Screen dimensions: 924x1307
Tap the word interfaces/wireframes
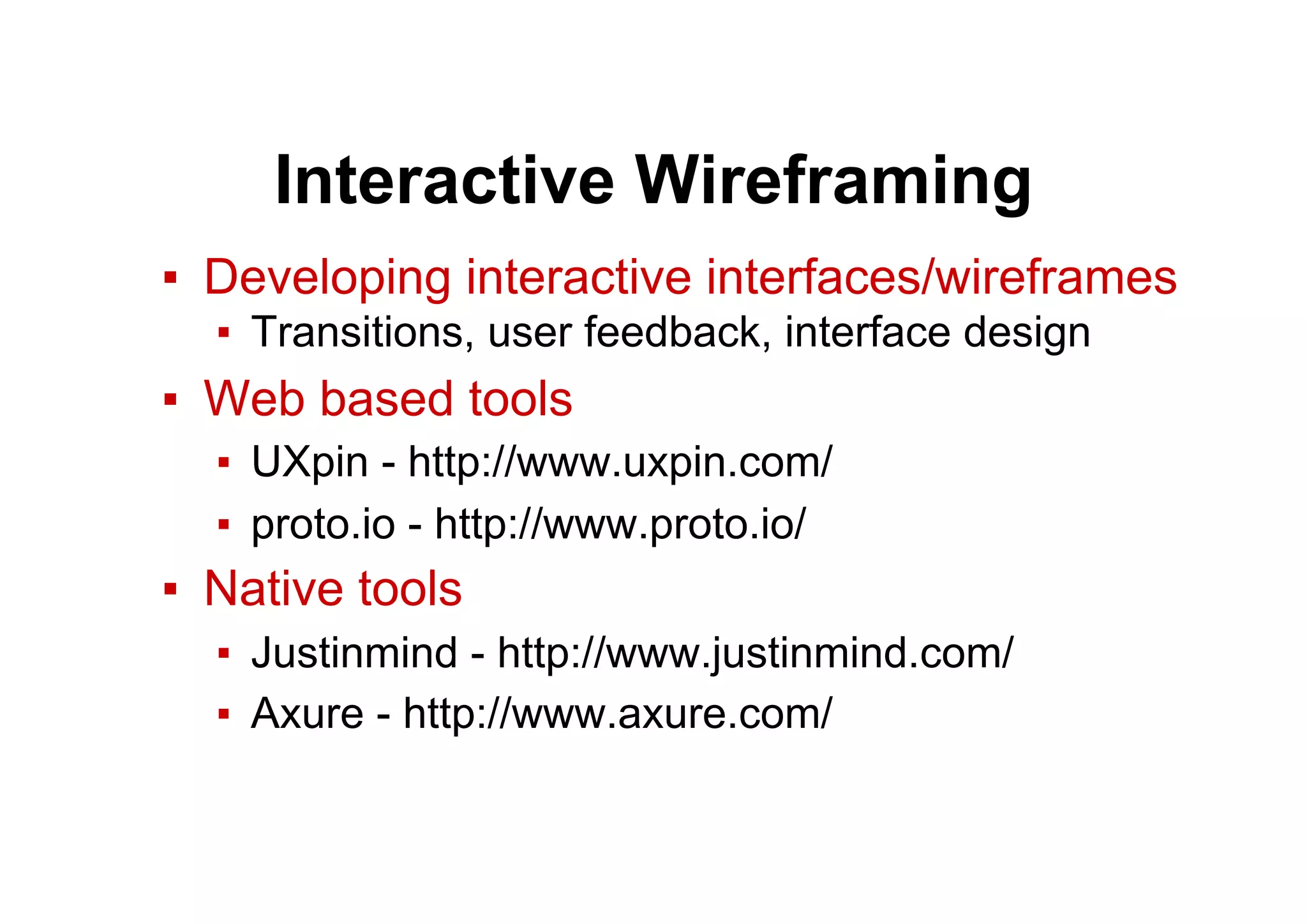pos(941,278)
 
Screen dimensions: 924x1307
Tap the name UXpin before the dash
pos(310,462)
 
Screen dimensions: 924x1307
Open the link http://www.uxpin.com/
pos(620,462)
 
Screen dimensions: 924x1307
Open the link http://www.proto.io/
pos(620,524)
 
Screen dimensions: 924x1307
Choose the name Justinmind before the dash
pos(354,653)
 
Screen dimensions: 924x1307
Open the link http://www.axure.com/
pos(618,713)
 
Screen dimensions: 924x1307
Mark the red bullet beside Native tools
pos(170,589)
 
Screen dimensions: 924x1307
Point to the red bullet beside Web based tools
pos(170,400)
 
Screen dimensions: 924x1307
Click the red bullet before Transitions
pos(223,332)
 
